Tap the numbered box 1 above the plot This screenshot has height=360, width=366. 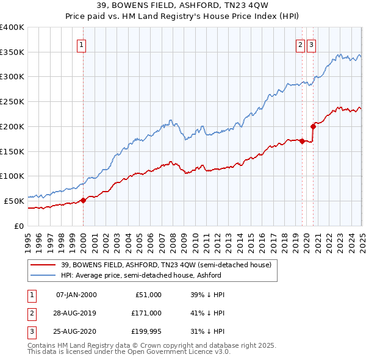pos(81,44)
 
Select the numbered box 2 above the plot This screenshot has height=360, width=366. pos(301,44)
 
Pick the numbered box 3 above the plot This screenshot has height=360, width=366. pos(311,44)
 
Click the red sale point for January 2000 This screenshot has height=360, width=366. pos(83,201)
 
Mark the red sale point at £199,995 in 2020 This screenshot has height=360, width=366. pos(313,126)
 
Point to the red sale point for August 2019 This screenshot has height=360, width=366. pos(302,141)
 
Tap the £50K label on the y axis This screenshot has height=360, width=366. pos(15,201)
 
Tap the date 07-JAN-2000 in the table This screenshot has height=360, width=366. pos(76,295)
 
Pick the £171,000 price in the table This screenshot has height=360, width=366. pos(146,313)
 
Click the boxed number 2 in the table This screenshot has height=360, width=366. pos(30,313)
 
